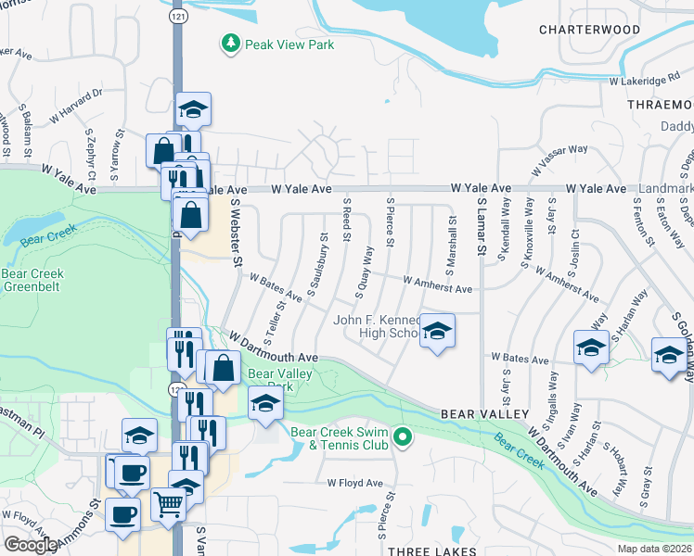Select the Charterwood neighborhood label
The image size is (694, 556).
pos(590,30)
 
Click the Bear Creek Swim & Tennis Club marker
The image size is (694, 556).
pos(402,436)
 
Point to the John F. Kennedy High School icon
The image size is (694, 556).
pos(437,330)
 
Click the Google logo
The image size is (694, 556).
pos(31,545)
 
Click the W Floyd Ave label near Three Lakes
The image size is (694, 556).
pos(354,483)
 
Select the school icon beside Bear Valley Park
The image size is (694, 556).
pos(265,403)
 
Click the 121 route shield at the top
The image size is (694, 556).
pos(176,18)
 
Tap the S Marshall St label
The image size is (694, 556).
pos(452,244)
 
